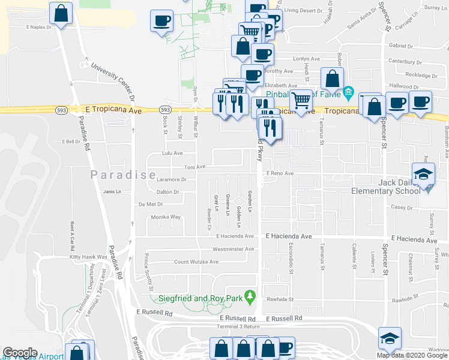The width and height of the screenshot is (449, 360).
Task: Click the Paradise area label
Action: [x=119, y=175]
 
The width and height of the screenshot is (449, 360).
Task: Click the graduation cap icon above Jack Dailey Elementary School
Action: [x=424, y=175]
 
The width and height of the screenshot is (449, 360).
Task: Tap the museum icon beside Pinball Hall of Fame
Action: [x=348, y=92]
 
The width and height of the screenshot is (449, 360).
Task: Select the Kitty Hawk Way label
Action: [x=88, y=257]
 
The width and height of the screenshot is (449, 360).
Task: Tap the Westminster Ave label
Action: [x=234, y=249]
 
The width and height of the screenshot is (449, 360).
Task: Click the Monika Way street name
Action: [x=166, y=217]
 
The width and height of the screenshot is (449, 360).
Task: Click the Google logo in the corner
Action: [x=19, y=353]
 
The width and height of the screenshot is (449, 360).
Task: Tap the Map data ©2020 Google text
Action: [x=412, y=355]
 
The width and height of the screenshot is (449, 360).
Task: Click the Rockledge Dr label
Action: [x=421, y=76]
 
